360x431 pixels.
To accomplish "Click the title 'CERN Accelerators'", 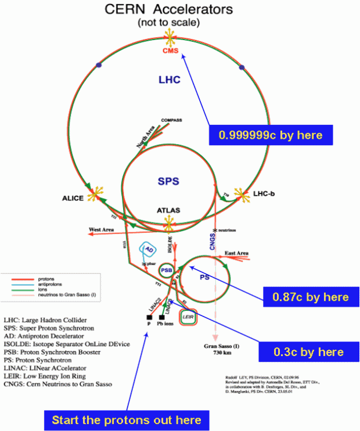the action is click(168, 9).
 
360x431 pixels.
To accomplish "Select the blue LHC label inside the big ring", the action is click(170, 79).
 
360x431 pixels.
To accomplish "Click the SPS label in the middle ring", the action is click(169, 182).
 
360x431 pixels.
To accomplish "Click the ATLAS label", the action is click(169, 211).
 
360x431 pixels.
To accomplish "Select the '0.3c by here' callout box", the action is click(308, 351).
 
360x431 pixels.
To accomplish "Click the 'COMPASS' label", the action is click(171, 120).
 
